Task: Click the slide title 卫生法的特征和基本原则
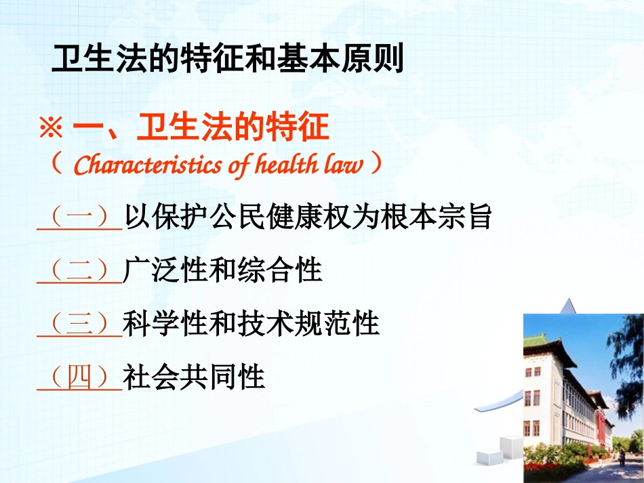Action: pos(227,60)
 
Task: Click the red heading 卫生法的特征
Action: pos(233,127)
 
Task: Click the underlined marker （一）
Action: pos(79,218)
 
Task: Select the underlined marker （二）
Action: pos(79,271)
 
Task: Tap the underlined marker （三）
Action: pos(79,324)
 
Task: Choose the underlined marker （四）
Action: pos(79,377)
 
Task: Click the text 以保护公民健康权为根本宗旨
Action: pos(307,218)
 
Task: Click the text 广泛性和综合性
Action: pos(222,271)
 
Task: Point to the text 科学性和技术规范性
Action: pos(251,324)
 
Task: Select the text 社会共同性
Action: pos(194,377)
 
